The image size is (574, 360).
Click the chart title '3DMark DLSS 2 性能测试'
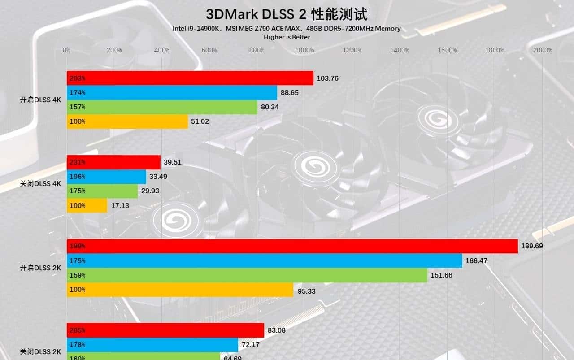click(287, 14)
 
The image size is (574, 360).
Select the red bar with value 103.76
click(190, 78)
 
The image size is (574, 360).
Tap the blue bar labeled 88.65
click(172, 93)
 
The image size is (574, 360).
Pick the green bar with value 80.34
click(162, 107)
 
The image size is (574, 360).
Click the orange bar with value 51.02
click(127, 121)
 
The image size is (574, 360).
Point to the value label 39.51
click(173, 162)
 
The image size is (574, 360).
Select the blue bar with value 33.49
click(107, 177)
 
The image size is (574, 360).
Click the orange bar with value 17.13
click(87, 205)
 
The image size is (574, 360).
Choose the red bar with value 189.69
click(292, 246)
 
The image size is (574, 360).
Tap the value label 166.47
click(477, 260)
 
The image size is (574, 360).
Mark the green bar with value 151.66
click(247, 275)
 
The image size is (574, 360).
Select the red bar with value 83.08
click(165, 330)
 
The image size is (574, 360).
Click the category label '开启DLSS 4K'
click(40, 100)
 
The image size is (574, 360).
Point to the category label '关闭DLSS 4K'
click(40, 183)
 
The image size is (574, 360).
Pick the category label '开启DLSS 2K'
click(40, 268)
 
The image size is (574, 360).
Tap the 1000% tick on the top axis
click(304, 50)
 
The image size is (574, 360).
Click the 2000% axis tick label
click(543, 50)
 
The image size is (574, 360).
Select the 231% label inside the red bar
click(77, 162)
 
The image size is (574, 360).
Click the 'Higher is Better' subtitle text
click(287, 37)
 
